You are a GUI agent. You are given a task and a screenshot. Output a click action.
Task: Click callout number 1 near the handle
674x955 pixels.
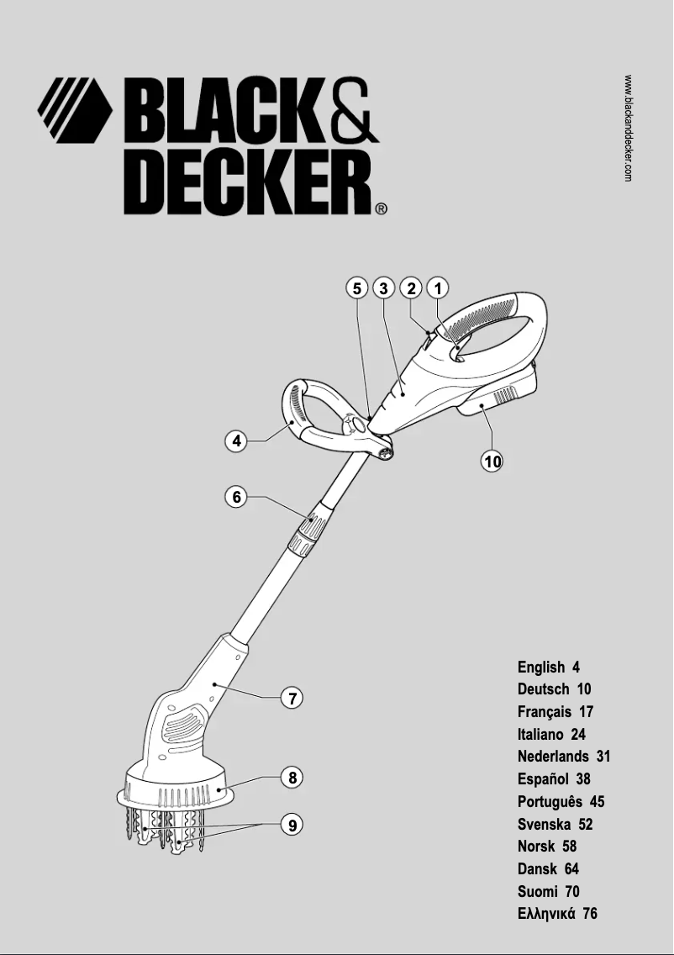[438, 288]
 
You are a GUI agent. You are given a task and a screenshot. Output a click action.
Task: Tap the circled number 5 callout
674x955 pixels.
[357, 288]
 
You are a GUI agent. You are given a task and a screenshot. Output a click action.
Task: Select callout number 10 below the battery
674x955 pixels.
[492, 460]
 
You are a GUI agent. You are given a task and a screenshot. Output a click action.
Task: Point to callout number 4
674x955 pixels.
[238, 441]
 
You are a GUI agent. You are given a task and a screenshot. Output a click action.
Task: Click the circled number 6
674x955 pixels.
[238, 497]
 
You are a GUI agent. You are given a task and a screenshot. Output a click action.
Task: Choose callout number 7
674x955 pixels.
[291, 698]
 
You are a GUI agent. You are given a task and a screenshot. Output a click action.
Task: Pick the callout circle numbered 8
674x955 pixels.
[292, 778]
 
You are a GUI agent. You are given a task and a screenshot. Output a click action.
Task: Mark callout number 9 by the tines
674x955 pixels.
[292, 826]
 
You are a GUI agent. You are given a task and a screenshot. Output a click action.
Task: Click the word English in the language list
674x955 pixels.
[541, 667]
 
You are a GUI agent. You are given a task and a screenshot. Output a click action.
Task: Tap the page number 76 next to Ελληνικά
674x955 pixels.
[589, 914]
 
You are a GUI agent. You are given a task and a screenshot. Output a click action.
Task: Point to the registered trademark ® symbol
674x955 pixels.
[381, 209]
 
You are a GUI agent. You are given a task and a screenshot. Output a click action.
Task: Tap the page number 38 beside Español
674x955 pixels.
[582, 779]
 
